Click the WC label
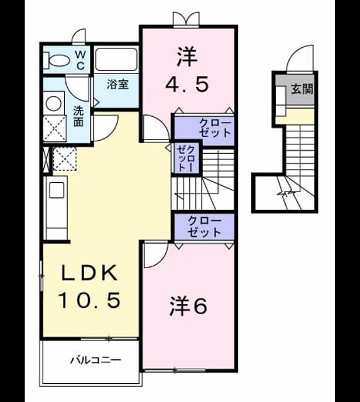(80, 60)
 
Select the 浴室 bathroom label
(117, 84)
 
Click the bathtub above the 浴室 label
(116, 60)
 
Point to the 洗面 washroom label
(79, 116)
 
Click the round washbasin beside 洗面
(53, 103)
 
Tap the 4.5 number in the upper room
(187, 84)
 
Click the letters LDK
(89, 273)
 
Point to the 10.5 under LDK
(89, 300)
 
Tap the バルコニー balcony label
(95, 361)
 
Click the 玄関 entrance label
(302, 89)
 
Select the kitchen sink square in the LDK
(57, 190)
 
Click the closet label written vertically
(185, 158)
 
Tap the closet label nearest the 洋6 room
(204, 226)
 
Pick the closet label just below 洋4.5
(215, 128)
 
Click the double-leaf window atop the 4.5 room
(186, 19)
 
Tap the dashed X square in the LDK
(65, 159)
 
